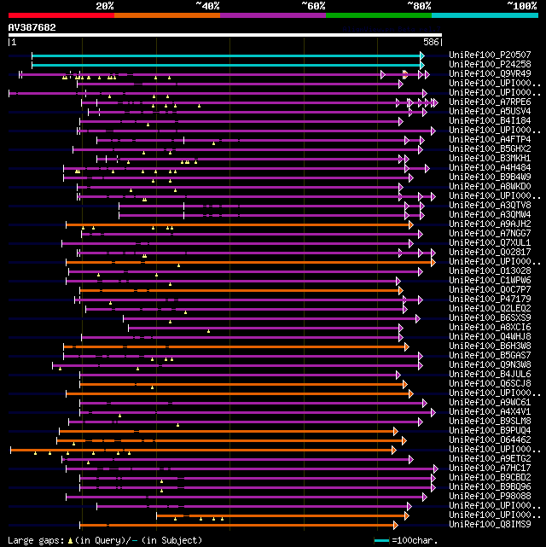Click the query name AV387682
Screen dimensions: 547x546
32,27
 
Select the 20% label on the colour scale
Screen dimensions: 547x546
104,5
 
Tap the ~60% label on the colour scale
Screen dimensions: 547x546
313,5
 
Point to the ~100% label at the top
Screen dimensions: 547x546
522,5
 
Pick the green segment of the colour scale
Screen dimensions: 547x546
378,15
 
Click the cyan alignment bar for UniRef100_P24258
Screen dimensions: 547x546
227,65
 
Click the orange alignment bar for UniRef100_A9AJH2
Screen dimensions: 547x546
239,224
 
